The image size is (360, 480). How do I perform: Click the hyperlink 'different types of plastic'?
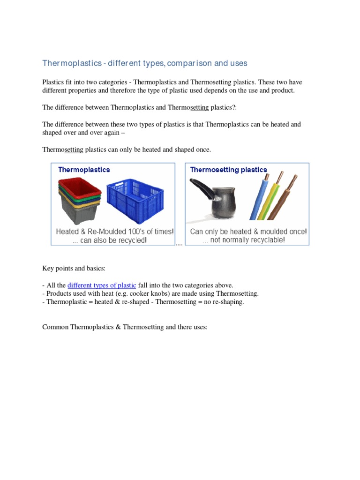102,285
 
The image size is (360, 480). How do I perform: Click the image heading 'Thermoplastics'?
84,170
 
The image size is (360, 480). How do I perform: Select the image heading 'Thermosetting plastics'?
228,170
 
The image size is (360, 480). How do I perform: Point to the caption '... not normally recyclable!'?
243,240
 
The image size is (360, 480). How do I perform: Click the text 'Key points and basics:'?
74,268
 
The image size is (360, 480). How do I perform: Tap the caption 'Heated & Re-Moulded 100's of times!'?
115,232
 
